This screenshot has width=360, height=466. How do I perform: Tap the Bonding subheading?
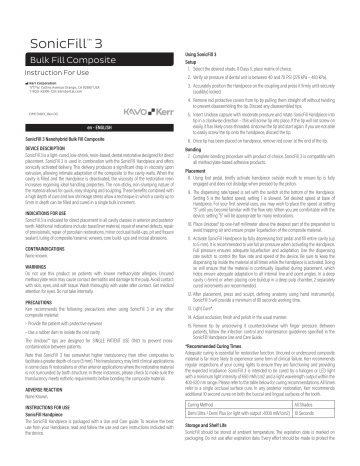tap(197, 176)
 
